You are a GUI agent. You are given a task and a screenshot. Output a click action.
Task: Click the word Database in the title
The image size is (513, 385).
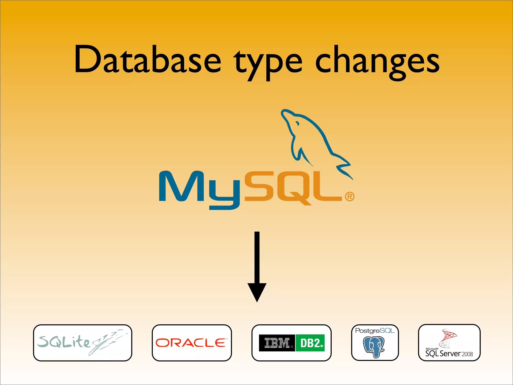[x=148, y=60]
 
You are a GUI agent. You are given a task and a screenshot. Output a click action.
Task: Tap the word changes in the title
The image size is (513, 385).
[x=377, y=61]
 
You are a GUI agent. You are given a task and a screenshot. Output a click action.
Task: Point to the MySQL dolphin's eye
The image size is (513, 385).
[x=297, y=123]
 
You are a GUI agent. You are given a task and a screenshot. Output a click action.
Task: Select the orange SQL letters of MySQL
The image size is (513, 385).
[x=293, y=187]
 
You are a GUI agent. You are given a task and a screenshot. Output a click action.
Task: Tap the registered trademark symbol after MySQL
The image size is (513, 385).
[x=350, y=197]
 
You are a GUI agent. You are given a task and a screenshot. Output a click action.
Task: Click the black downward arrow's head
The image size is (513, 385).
[x=257, y=292]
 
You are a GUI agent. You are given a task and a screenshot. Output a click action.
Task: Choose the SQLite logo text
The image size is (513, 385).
[x=64, y=342]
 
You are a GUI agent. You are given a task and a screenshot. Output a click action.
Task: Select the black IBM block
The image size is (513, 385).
[x=277, y=343]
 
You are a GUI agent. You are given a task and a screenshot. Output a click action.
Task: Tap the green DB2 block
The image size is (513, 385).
[x=310, y=343]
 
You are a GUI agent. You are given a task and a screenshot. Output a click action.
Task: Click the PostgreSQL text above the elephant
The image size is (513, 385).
[x=375, y=331]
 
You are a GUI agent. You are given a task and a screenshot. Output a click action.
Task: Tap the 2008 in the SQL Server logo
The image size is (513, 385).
[x=467, y=354]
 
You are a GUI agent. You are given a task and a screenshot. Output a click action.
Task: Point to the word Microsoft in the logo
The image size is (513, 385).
[x=432, y=349]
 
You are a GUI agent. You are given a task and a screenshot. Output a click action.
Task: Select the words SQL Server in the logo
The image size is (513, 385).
[x=443, y=354]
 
